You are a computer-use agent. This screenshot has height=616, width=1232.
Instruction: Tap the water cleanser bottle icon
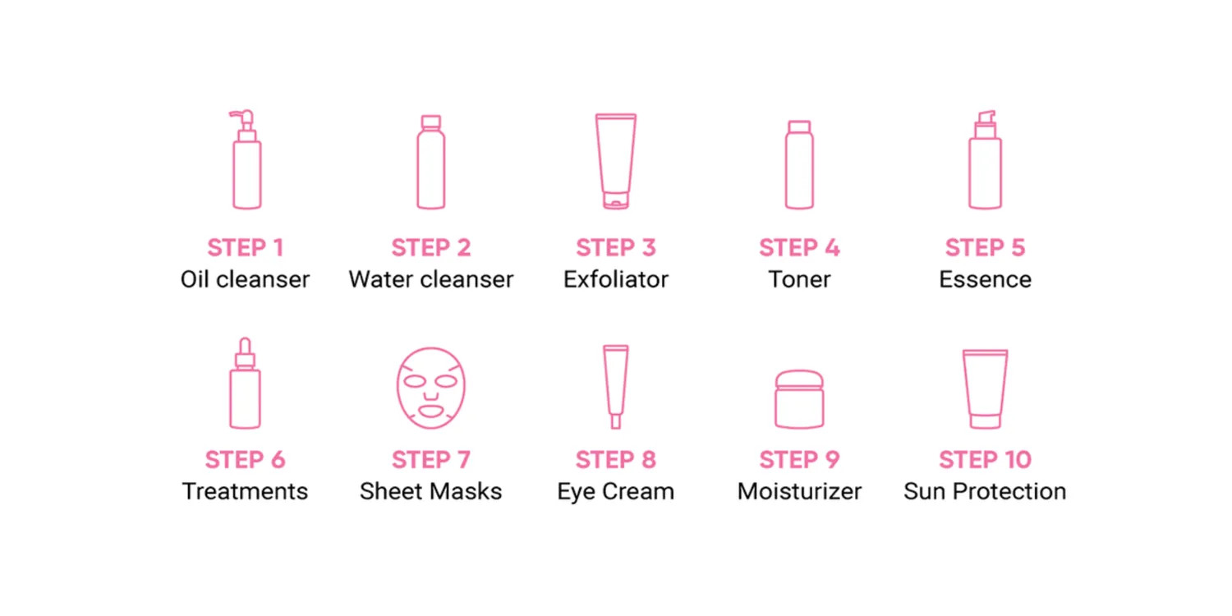(x=430, y=162)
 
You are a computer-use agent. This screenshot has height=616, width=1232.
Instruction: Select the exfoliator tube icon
(x=616, y=161)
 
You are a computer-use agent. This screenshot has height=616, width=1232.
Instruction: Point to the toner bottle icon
(x=799, y=164)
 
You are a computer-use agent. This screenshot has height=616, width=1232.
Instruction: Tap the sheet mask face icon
(x=430, y=388)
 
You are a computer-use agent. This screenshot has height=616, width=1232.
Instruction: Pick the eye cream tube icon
(x=615, y=386)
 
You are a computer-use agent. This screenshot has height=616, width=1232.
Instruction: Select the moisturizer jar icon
(x=799, y=398)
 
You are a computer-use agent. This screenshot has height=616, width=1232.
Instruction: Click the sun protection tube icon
(x=985, y=388)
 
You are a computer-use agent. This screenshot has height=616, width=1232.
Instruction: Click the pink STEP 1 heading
(x=246, y=247)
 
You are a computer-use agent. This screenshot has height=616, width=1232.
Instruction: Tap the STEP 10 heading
(x=985, y=460)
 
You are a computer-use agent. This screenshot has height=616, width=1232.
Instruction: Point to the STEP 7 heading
(x=430, y=460)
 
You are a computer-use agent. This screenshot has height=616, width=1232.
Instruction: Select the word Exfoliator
(x=616, y=279)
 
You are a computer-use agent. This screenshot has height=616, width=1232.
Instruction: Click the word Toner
(x=799, y=279)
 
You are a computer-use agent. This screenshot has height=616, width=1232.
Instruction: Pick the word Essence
(x=985, y=279)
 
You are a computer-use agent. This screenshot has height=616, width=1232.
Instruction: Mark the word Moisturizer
(x=799, y=491)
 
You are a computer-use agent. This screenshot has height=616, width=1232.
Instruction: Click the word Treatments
(x=245, y=491)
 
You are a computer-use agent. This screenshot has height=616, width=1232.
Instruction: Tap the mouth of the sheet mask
(x=430, y=411)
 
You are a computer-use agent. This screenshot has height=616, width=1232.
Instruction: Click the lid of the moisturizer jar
(x=799, y=380)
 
